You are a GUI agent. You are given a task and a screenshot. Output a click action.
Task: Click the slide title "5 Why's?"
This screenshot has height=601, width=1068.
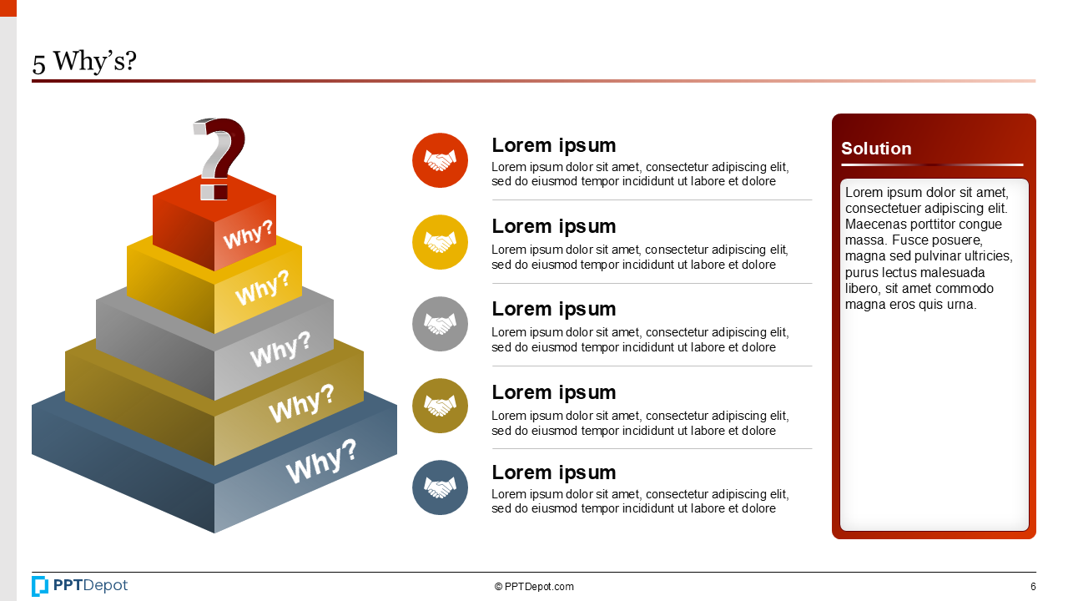point(84,61)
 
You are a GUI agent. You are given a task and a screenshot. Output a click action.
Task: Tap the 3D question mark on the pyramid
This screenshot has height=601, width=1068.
point(219,157)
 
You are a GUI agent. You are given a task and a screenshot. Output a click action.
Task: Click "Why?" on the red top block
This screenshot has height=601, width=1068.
point(248,235)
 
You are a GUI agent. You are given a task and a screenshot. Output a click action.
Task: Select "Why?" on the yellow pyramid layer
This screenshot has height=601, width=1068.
point(262,288)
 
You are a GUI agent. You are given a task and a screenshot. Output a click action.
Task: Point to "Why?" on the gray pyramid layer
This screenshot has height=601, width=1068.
point(280,349)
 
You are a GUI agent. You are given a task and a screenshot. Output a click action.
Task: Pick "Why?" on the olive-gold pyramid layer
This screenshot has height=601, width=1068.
point(300,404)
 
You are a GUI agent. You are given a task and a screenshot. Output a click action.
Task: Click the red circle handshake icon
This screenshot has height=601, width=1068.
point(440,160)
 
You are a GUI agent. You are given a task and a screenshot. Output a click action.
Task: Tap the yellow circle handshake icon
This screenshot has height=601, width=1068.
point(440,242)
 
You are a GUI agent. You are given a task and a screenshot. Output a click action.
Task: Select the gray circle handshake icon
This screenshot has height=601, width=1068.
point(440,324)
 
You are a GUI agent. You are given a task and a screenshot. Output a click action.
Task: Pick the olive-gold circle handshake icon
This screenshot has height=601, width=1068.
point(440,406)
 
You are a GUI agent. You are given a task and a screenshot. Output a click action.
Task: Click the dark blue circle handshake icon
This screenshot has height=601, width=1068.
point(440,487)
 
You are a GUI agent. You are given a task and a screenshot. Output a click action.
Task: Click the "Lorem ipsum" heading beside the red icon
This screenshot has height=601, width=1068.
point(553,145)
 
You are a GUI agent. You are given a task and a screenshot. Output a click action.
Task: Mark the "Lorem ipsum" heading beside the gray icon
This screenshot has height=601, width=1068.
point(553,309)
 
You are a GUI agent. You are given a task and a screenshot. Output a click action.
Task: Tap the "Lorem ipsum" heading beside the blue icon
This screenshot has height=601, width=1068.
point(553,472)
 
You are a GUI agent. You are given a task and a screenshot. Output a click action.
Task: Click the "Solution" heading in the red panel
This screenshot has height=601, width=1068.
point(876,149)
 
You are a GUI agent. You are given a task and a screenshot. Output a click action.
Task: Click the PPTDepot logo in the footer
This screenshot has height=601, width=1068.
point(80,586)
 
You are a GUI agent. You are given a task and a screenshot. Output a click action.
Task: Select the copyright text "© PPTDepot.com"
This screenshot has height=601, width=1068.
point(534,587)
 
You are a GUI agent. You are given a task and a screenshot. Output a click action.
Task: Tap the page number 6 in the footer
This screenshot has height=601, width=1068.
point(1033,587)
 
